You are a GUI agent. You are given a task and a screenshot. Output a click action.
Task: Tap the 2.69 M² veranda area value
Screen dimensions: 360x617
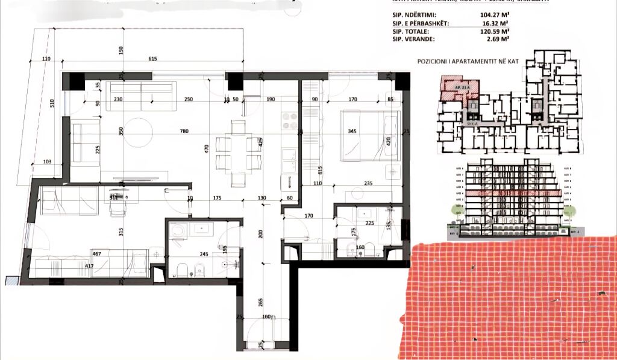click(x=496, y=38)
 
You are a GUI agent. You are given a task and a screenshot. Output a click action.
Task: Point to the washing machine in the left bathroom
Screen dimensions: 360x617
click(x=177, y=233)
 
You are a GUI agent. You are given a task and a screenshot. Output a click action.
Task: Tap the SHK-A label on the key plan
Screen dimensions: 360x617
click(x=472, y=124)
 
